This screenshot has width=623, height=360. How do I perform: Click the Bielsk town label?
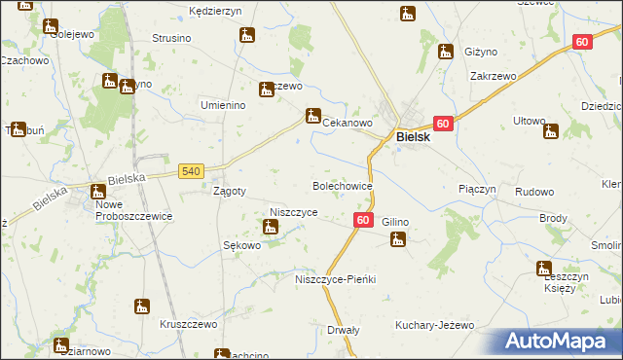click(x=421, y=138)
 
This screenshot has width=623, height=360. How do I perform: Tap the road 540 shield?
click(x=191, y=171)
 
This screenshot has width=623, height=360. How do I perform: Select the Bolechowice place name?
click(x=342, y=184)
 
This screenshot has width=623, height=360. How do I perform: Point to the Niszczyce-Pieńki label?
click(x=335, y=279)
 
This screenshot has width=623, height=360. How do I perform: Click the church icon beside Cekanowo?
click(x=312, y=115)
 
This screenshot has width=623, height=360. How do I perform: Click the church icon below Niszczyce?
click(x=271, y=228)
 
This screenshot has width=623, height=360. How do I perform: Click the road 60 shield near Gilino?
click(x=362, y=221)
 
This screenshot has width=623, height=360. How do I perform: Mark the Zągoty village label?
click(x=229, y=191)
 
